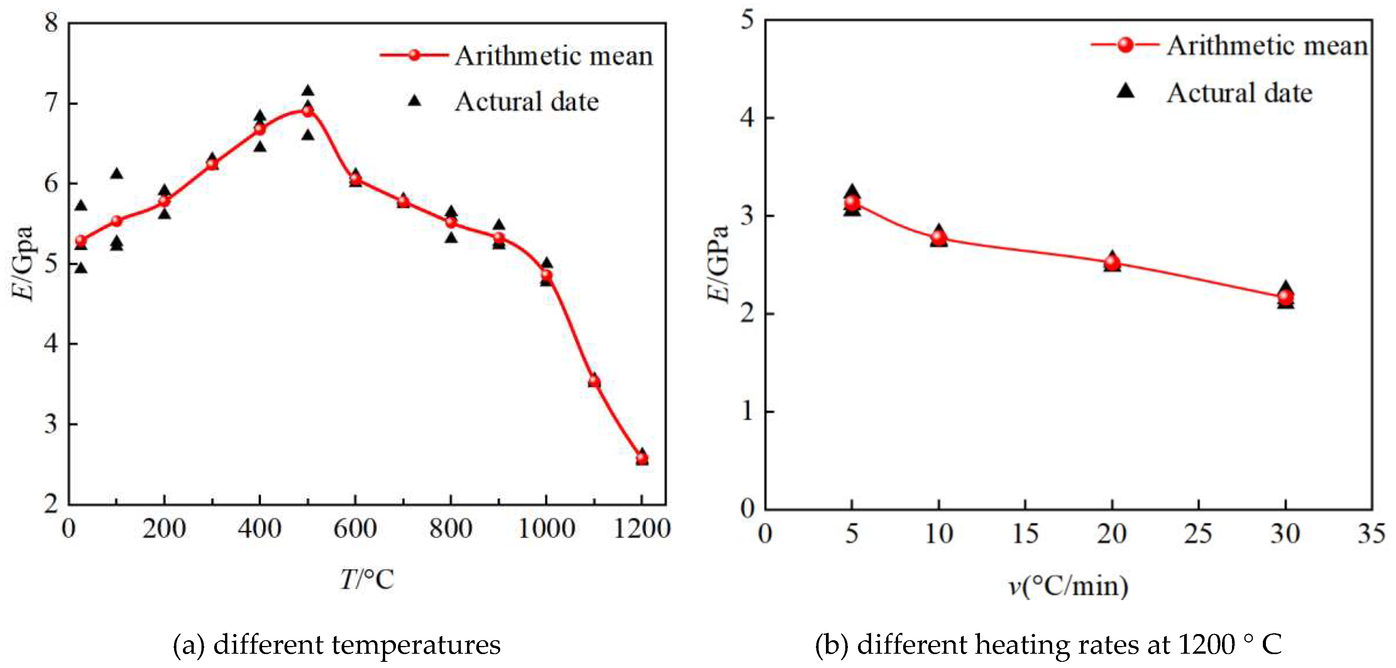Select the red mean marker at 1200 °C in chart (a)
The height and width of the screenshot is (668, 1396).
click(641, 459)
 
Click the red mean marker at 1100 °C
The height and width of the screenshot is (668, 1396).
click(594, 381)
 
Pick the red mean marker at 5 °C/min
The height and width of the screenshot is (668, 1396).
click(852, 203)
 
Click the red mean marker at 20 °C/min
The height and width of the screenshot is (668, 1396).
click(1112, 263)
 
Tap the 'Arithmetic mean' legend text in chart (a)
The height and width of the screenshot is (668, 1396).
click(554, 56)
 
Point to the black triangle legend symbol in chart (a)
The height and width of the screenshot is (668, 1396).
click(415, 100)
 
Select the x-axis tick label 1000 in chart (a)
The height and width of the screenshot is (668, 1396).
click(546, 529)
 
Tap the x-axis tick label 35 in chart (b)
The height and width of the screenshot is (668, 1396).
click(1371, 534)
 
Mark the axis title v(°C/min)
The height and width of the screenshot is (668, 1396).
click(1068, 586)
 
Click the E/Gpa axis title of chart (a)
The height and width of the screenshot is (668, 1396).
click(23, 263)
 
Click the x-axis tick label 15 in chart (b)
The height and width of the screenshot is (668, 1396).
click(1025, 534)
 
